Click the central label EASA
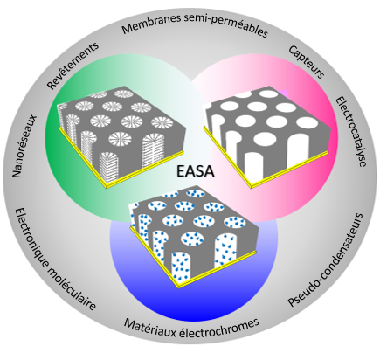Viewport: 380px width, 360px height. point(196,171)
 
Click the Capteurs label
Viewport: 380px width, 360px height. point(307,62)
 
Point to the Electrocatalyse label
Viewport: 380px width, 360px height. point(350,132)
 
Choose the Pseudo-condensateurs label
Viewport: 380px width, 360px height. point(326,260)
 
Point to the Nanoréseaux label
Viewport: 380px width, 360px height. point(24,146)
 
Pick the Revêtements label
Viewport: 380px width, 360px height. point(73,66)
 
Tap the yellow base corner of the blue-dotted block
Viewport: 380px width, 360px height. point(178,287)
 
